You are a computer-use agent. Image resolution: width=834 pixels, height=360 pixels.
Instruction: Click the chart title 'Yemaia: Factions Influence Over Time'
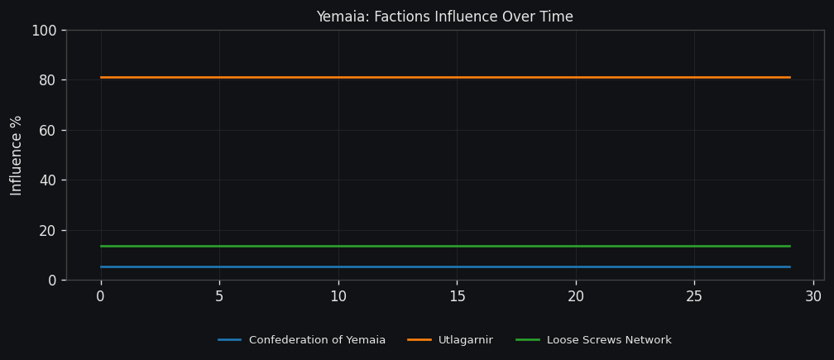pos(444,17)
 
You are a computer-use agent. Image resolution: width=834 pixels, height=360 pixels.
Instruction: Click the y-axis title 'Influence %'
pos(17,155)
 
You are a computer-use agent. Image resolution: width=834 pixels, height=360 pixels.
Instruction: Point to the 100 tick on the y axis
pos(43,31)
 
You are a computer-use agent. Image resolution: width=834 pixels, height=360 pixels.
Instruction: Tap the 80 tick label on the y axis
pos(47,80)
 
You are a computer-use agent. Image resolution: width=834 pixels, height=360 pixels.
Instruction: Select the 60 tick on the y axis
pos(47,130)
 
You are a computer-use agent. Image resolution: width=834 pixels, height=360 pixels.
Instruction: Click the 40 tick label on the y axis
pos(47,180)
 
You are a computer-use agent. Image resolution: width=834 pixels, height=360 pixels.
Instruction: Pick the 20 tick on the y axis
pos(47,230)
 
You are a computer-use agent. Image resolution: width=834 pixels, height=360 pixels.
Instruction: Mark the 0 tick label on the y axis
pos(51,280)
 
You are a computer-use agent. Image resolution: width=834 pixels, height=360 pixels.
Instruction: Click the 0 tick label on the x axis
pos(101,296)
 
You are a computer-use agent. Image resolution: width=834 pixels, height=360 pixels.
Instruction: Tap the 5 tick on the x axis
pos(219,296)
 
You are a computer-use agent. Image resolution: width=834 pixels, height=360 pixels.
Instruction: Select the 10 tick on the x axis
pos(338,296)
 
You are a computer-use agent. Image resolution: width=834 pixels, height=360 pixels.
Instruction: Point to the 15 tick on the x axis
pos(457,296)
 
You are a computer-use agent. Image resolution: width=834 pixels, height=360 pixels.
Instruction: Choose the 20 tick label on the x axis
pos(576,296)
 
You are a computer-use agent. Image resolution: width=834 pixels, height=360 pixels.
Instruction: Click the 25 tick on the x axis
pos(694,296)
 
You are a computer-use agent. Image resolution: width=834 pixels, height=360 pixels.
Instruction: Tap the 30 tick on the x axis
pos(813,296)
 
